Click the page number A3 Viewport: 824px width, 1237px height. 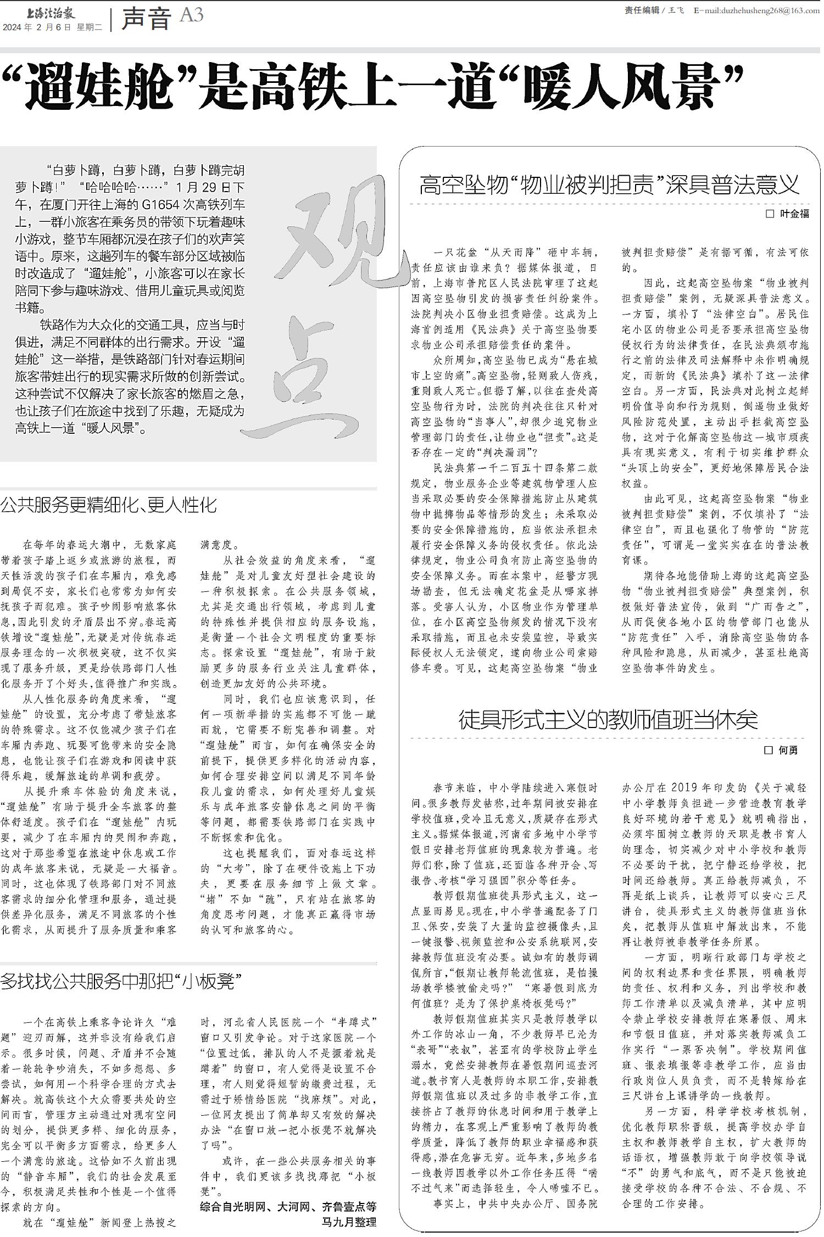tap(192, 15)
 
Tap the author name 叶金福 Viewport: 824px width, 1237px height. tap(794, 214)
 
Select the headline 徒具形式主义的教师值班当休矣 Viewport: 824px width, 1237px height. tap(608, 720)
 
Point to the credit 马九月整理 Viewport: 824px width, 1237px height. tap(349, 1222)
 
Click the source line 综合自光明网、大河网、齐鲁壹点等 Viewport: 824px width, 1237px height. tap(288, 1206)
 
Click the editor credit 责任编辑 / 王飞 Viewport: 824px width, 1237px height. tap(654, 10)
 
